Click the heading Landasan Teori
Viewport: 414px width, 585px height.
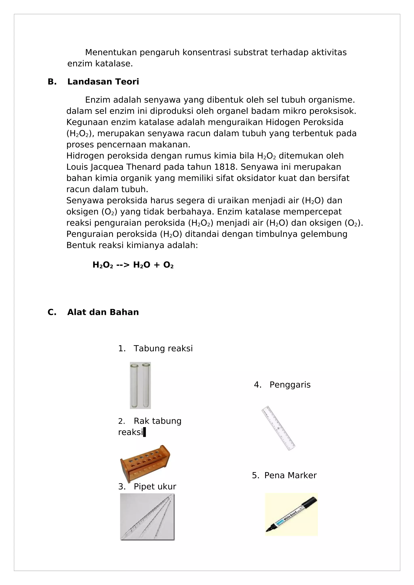click(103, 82)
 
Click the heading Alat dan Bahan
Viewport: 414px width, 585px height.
click(103, 312)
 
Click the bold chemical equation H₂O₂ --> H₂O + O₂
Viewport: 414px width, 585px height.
click(133, 265)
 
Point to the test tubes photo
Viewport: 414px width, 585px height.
click(140, 385)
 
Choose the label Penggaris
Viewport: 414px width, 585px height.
click(290, 385)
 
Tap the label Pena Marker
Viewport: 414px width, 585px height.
click(290, 475)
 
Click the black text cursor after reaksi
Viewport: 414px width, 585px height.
click(145, 432)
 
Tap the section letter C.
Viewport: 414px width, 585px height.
click(52, 312)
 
